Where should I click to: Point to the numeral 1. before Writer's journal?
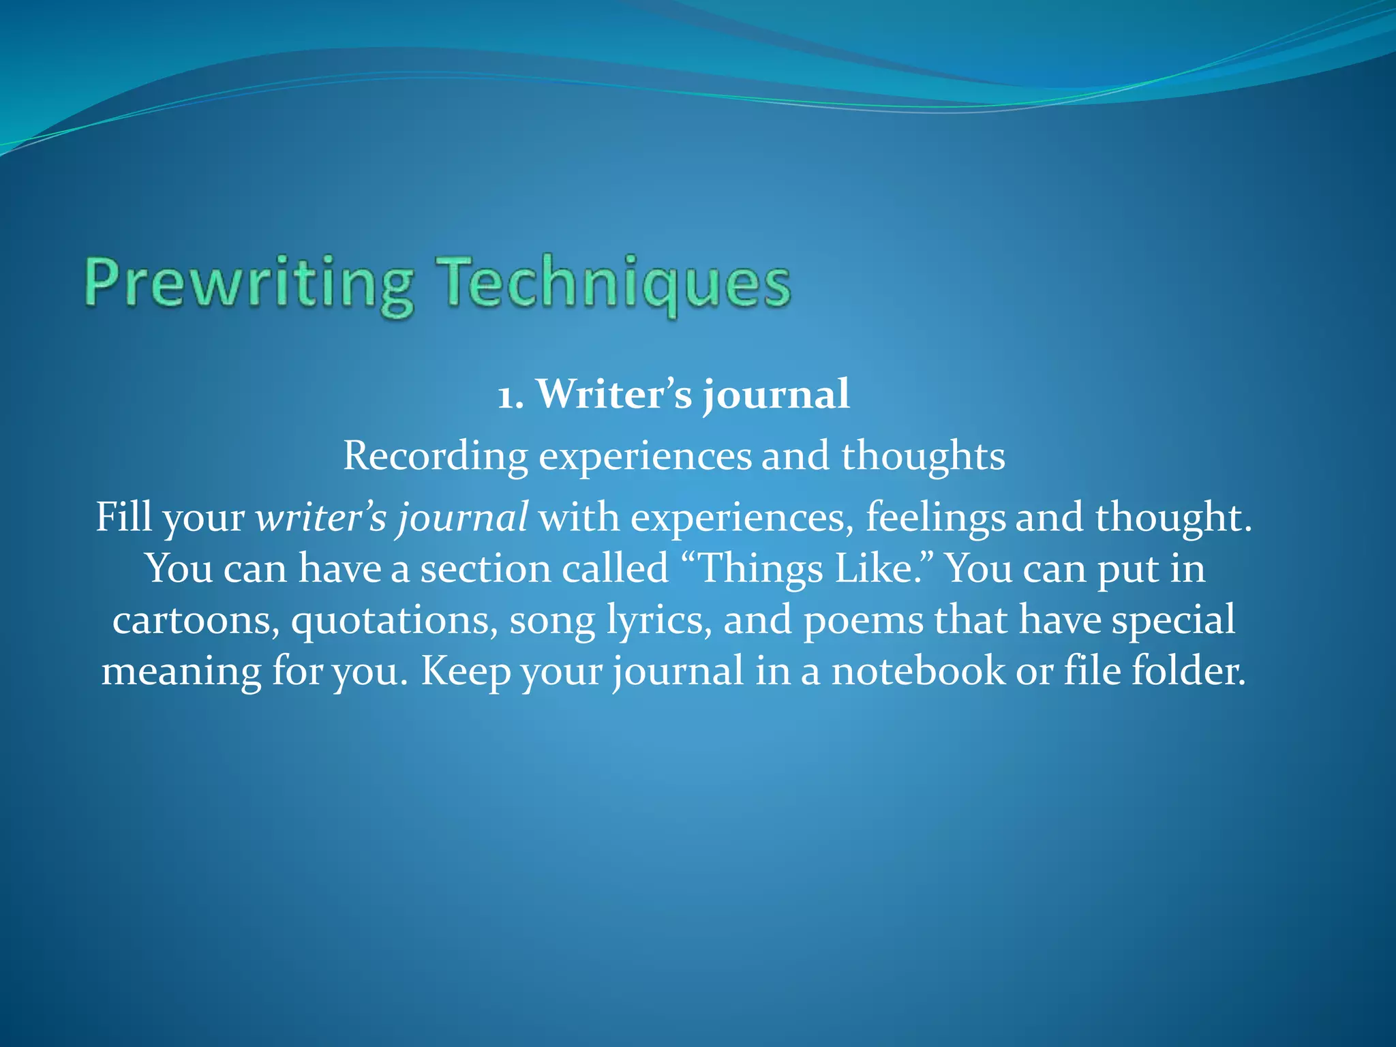511,395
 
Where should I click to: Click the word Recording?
435,456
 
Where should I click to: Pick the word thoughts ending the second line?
923,456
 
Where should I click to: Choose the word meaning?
181,672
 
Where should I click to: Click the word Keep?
465,672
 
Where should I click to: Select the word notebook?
917,671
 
